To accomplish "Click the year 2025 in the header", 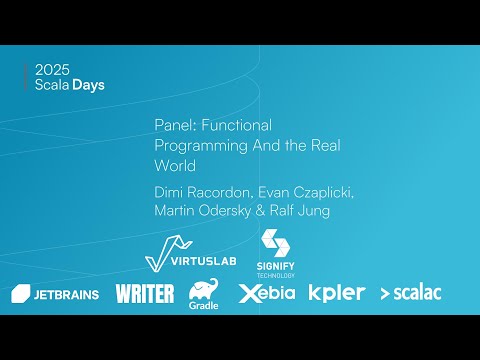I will (x=52, y=70).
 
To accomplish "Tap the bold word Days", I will (x=89, y=85).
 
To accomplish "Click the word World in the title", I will (x=175, y=165).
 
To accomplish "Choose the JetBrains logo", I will (x=55, y=293).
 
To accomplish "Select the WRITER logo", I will (x=145, y=293).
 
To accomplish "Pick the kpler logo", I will (x=336, y=293).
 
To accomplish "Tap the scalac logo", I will (x=411, y=293).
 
